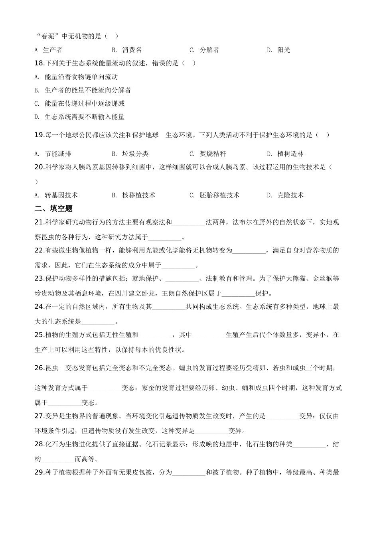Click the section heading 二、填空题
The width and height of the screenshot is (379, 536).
[53, 208]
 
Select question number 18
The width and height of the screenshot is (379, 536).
[39, 63]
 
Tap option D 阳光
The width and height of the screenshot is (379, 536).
[279, 50]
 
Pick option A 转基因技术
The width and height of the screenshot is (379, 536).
[56, 195]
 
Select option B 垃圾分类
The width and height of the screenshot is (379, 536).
[130, 154]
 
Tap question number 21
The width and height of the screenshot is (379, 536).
[39, 222]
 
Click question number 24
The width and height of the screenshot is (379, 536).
[39, 307]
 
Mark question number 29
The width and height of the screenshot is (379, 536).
[39, 473]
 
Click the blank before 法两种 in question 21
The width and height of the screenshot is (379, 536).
[189, 223]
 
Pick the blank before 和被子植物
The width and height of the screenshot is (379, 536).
[189, 473]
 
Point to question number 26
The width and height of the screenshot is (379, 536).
[39, 368]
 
